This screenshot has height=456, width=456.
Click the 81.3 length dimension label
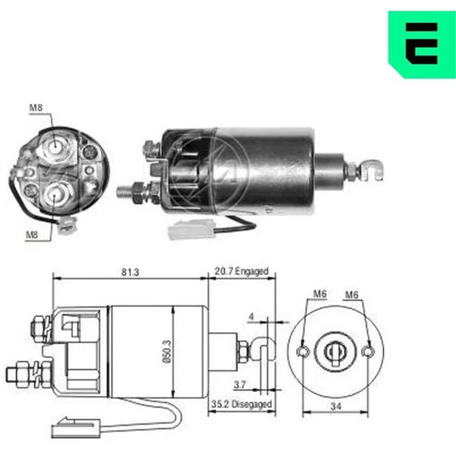point(130,273)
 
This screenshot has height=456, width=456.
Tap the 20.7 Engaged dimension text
point(242,271)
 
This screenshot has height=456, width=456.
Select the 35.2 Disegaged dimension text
point(242,404)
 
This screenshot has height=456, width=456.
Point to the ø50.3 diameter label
point(167,352)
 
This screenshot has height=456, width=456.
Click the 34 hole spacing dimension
point(336,407)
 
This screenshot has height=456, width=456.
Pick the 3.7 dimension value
point(239,385)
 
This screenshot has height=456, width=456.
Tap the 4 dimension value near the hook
point(252,316)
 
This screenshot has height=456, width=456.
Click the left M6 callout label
point(320,293)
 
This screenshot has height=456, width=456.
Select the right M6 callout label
point(352,295)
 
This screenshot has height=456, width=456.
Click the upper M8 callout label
point(36,108)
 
